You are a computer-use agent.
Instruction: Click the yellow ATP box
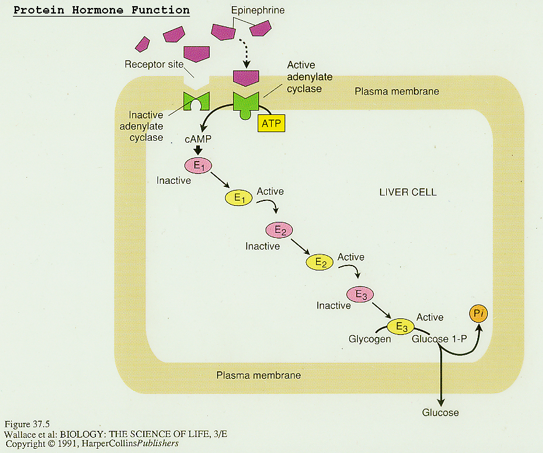pos(271,124)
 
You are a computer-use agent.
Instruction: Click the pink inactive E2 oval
pos(279,230)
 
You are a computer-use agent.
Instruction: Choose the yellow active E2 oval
pos(320,262)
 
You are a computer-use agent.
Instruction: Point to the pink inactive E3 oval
pos(360,295)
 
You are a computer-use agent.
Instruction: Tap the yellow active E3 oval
pos(401,327)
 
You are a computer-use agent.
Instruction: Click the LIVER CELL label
pos(408,192)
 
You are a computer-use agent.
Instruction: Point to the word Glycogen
pos(370,339)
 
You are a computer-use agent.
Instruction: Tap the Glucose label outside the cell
pos(440,412)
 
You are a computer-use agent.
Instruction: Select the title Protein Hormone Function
pos(101,11)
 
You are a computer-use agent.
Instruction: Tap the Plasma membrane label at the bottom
pos(258,376)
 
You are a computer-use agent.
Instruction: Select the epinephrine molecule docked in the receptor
pos(245,78)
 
